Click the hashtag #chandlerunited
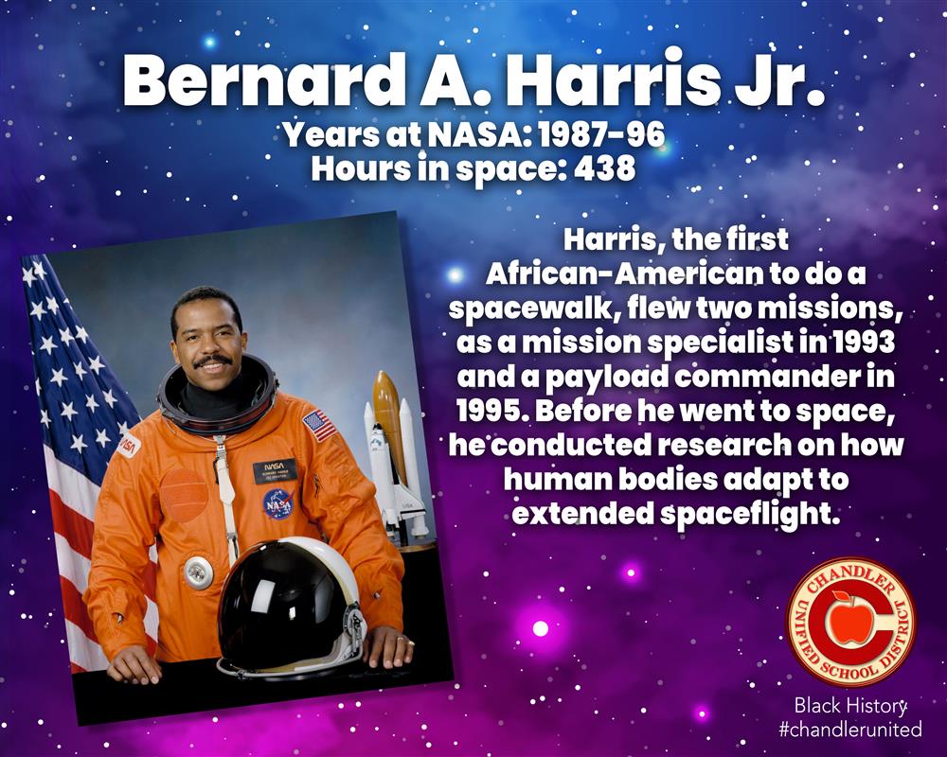pos(850,729)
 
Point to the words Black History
pos(850,705)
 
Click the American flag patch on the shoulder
pos(319,426)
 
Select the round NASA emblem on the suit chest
pos(277,504)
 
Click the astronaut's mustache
pos(211,361)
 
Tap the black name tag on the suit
pos(275,469)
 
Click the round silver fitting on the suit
pos(196,572)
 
